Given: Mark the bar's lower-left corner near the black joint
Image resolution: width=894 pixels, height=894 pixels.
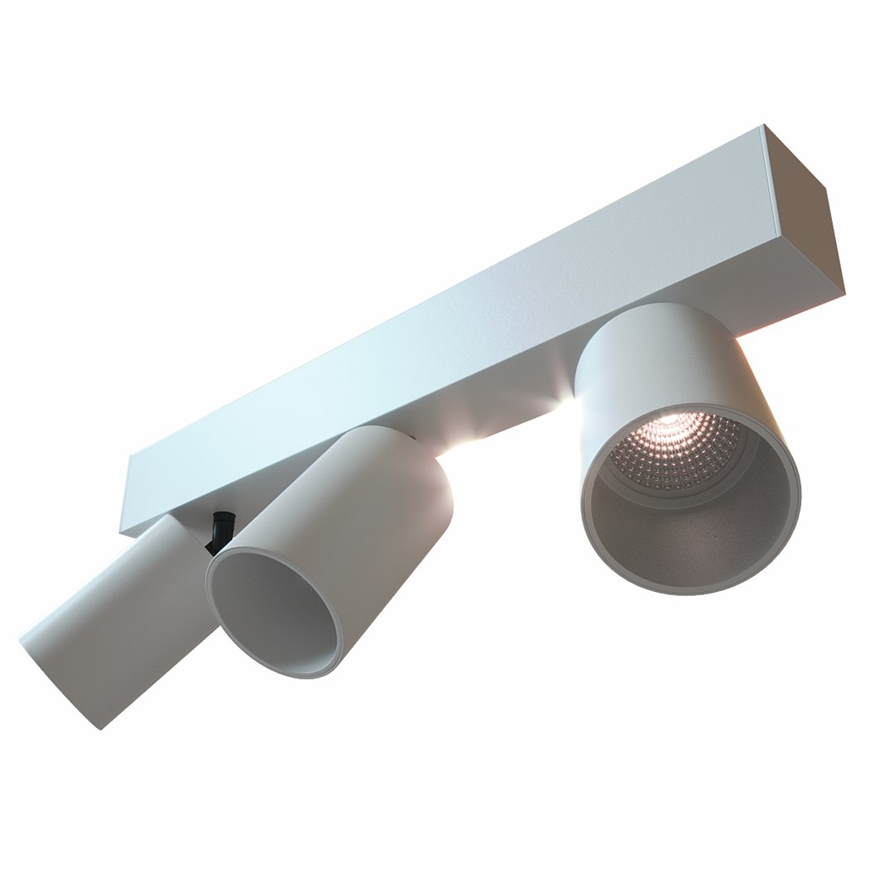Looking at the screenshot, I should [x=122, y=532].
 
